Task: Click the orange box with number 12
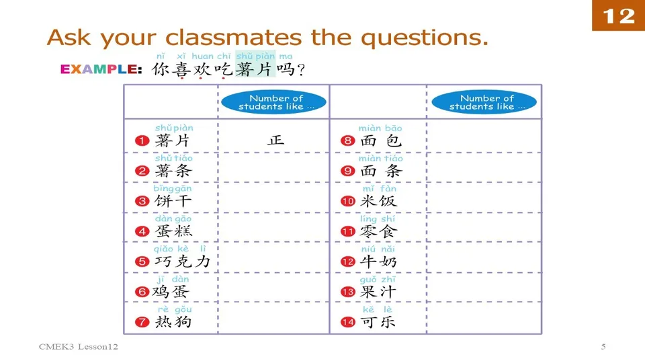[x=618, y=15]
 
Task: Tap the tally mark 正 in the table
[x=275, y=140]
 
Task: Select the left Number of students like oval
[x=273, y=102]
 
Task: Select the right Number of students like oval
[x=484, y=102]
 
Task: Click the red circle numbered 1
[x=142, y=141]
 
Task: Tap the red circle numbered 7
[x=142, y=322]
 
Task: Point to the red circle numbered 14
[x=348, y=322]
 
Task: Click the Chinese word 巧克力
[x=183, y=261]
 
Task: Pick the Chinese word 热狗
[x=173, y=322]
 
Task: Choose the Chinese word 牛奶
[x=379, y=261]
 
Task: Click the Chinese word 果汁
[x=379, y=292]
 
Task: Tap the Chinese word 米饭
[x=379, y=201]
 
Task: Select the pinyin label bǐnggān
[x=173, y=189]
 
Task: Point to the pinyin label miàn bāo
[x=380, y=128]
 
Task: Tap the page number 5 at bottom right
[x=603, y=347]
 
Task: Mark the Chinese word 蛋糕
[x=173, y=231]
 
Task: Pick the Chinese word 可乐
[x=379, y=322]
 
